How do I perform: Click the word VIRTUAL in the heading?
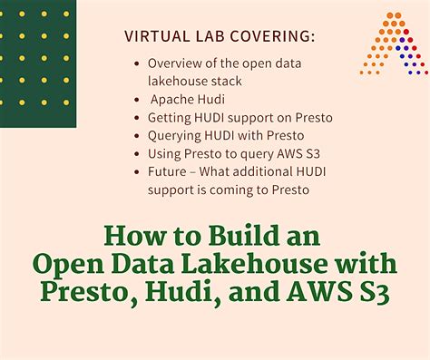tap(156, 37)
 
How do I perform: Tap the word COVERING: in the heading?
tap(276, 37)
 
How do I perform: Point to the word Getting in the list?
tap(170, 117)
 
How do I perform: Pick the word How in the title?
tap(128, 238)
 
